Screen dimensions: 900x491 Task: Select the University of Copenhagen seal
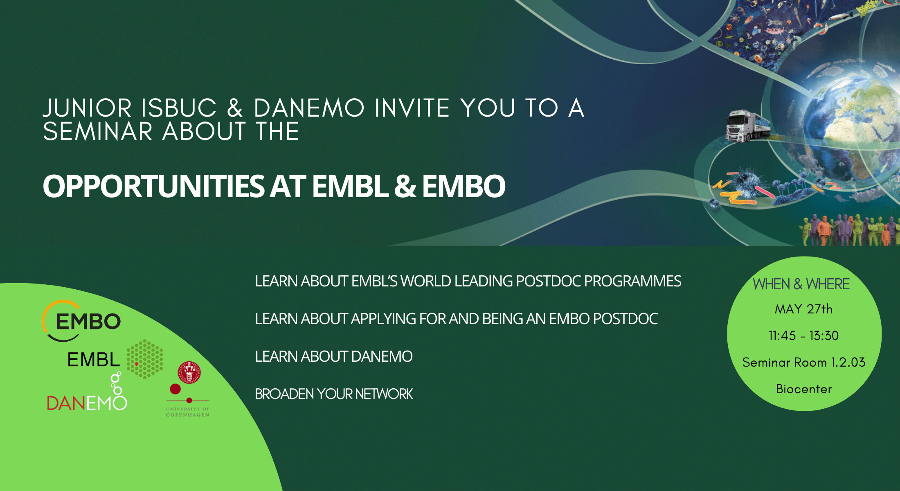189,372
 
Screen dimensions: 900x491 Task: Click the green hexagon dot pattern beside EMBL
144,359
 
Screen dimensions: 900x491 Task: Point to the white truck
748,126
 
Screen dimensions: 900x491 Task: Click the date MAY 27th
803,309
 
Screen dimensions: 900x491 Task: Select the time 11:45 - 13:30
803,336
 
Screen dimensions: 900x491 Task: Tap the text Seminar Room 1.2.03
803,362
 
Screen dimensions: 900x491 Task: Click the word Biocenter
803,389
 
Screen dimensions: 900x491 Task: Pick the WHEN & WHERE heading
801,284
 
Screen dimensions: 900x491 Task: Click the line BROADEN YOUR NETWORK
334,394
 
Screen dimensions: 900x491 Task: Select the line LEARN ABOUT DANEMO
333,356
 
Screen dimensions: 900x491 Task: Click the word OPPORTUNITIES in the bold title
154,187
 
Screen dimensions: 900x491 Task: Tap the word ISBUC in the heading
179,108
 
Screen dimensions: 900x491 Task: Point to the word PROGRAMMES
632,281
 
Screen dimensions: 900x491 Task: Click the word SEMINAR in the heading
98,131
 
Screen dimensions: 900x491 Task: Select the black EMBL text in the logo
94,360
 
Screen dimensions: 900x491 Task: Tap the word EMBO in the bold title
464,187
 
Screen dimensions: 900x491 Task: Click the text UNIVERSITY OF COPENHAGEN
188,412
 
